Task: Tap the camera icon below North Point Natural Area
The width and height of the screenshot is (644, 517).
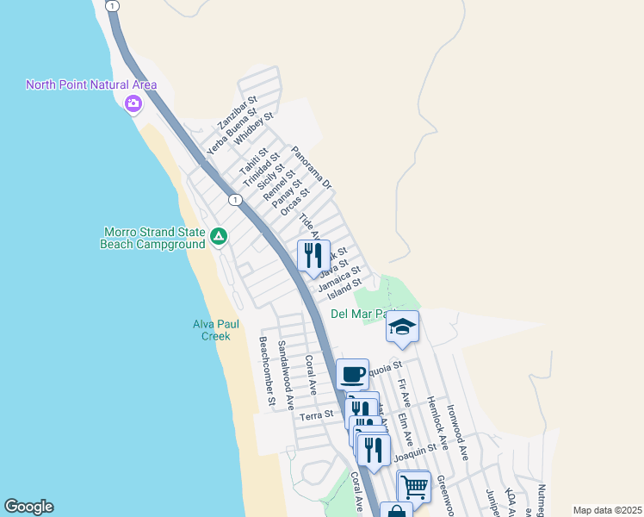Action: tap(133, 104)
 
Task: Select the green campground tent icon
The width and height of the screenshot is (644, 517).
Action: tap(219, 235)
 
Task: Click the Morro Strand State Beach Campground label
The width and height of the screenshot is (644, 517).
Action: tap(153, 238)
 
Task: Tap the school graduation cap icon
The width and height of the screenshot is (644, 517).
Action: tap(402, 327)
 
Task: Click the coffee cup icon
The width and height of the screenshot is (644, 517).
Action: tap(352, 374)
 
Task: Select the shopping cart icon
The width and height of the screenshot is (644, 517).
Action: tap(414, 486)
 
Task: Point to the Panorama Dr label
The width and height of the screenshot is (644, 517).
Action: tap(311, 168)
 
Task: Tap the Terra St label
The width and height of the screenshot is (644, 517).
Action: tap(316, 415)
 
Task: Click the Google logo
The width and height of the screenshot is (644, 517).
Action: tap(28, 507)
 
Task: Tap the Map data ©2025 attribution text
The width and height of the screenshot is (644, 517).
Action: tap(607, 510)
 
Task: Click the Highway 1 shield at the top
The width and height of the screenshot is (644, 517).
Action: tap(113, 5)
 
